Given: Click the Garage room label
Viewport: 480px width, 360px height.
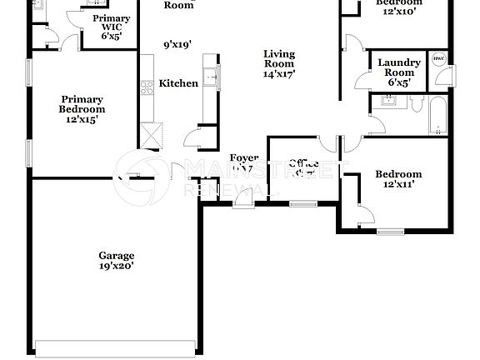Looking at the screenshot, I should tap(116, 256).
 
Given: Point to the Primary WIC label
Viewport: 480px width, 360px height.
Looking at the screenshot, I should tap(110, 23).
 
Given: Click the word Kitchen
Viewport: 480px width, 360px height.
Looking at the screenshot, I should tap(178, 83).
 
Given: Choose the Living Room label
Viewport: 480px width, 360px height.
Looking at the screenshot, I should tap(279, 59).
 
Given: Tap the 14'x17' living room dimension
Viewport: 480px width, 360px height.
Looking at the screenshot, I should tap(279, 73).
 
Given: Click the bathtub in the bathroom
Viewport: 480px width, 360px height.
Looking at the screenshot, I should tap(438, 116).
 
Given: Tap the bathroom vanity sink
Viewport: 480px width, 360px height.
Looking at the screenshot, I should tap(387, 102).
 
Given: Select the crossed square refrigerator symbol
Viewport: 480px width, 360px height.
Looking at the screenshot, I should tap(151, 134).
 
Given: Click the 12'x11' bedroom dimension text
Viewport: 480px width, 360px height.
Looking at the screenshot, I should tap(397, 186).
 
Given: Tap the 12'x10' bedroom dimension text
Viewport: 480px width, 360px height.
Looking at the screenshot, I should tap(397, 12).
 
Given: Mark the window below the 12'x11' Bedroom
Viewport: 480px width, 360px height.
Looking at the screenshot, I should tap(389, 231).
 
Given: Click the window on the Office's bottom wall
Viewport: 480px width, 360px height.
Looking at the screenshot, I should tap(302, 203).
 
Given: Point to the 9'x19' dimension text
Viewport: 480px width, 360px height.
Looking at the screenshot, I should tap(178, 44).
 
